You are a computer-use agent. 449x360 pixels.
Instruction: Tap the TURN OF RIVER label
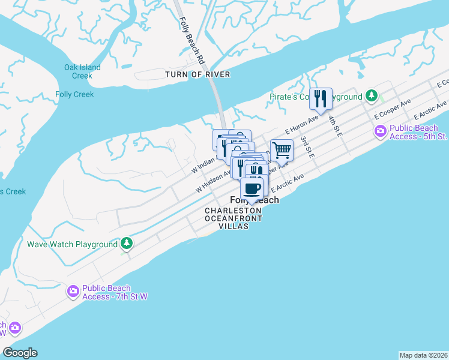click(198, 74)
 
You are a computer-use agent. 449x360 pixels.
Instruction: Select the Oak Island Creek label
click(82, 71)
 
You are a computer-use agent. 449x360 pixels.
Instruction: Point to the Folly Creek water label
click(74, 94)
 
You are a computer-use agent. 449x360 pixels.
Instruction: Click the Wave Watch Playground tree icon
click(126, 243)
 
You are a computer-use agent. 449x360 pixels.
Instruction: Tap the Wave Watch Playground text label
click(72, 245)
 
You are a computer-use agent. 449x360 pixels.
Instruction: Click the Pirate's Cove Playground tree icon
click(372, 95)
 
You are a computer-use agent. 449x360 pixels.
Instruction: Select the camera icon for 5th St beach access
click(380, 131)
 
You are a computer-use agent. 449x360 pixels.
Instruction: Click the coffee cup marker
click(253, 188)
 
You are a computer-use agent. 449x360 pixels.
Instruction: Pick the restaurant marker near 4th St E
click(321, 98)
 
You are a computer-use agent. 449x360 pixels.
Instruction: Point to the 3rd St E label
click(307, 147)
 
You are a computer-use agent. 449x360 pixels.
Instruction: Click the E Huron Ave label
click(301, 124)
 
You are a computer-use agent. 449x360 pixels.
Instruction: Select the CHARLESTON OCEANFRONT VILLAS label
click(234, 218)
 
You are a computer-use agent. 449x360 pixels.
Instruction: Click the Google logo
click(20, 353)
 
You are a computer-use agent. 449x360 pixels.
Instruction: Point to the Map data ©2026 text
click(423, 355)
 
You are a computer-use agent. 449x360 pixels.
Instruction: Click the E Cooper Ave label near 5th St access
click(392, 109)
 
